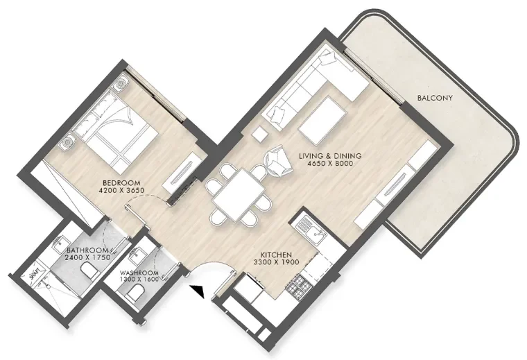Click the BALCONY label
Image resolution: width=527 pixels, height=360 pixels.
[435, 98]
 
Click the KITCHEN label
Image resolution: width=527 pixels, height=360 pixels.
[275, 255]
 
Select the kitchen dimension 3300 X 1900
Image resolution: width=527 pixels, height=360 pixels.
[275, 264]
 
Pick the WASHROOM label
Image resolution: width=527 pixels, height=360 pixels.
[139, 273]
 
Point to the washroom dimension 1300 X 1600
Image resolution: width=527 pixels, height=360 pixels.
[139, 280]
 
